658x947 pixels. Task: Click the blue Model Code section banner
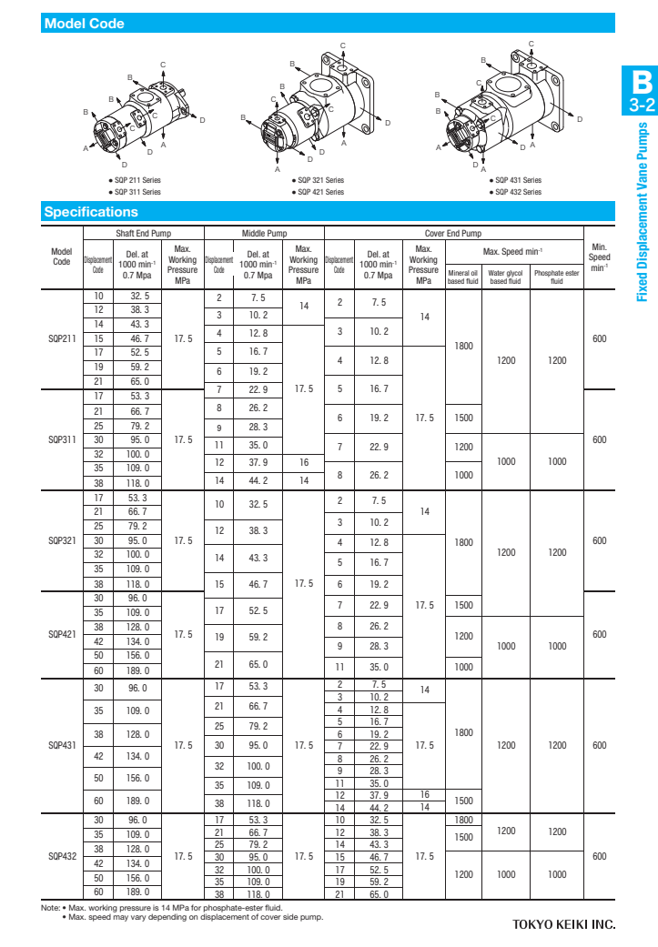pos(329,24)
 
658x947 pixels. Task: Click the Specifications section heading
pos(91,212)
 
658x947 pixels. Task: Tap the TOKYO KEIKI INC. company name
pos(564,924)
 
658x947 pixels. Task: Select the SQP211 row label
pos(61,338)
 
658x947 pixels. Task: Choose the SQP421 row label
pos(61,634)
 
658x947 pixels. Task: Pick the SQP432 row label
pos(61,856)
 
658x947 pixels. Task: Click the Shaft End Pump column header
pos(144,233)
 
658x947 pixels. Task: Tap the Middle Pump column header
pos(265,233)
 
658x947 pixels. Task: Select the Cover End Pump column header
pos(453,233)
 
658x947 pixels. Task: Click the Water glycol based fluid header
pos(505,277)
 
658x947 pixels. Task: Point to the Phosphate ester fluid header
pos(557,277)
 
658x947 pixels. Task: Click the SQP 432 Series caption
pos(519,192)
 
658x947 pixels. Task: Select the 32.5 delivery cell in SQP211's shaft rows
pos(140,297)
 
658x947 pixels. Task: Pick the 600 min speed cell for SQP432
pos(599,856)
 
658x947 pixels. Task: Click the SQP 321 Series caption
pos(322,180)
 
